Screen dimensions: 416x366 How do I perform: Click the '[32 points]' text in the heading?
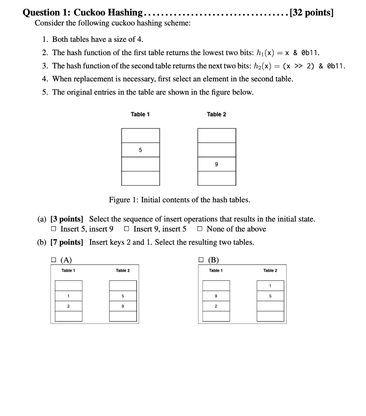(311, 13)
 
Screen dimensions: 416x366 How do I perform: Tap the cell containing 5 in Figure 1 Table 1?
(140, 150)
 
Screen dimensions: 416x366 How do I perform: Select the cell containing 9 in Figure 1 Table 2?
(216, 164)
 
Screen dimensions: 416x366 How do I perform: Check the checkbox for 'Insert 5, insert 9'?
(54, 229)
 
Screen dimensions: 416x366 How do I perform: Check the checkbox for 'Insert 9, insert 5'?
(126, 229)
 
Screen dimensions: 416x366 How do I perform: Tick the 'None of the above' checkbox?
(200, 229)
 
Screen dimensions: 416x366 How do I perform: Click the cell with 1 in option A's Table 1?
(68, 296)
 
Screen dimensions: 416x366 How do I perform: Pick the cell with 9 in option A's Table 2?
(122, 306)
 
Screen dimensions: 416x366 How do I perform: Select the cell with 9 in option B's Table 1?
(216, 296)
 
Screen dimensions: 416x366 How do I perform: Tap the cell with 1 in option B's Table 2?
(270, 286)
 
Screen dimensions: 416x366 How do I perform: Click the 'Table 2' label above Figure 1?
(216, 114)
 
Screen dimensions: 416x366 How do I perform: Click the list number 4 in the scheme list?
(45, 79)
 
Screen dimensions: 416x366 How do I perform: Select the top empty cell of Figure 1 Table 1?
(140, 136)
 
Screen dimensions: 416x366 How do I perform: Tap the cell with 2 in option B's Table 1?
(216, 306)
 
